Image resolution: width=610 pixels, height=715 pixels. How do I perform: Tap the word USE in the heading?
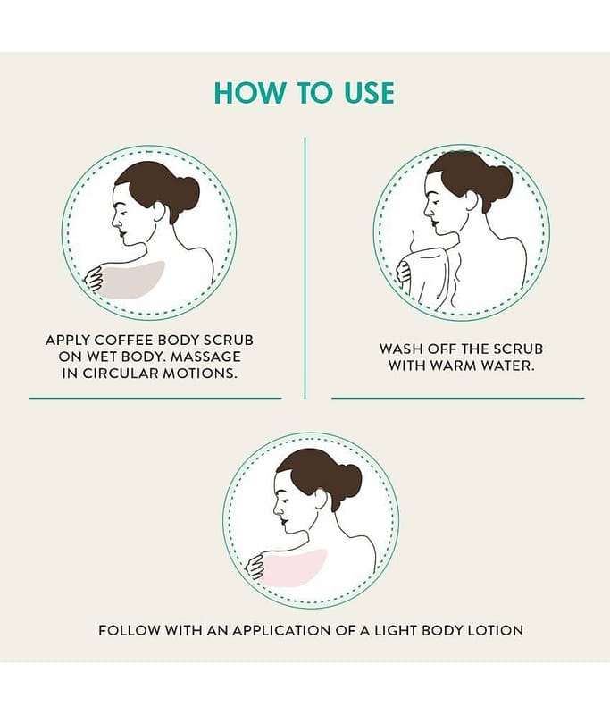pyautogui.click(x=365, y=93)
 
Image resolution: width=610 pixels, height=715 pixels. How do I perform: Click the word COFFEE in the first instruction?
pyautogui.click(x=123, y=341)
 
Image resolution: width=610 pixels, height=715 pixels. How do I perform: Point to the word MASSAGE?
pyautogui.click(x=205, y=357)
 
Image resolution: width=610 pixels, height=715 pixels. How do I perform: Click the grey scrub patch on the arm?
pyautogui.click(x=132, y=280)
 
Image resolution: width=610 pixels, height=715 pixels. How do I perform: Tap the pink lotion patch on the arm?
pyautogui.click(x=293, y=568)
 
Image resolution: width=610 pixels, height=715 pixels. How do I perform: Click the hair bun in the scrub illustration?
pyautogui.click(x=186, y=190)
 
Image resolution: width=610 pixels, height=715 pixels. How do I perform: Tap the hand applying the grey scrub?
pyautogui.click(x=95, y=279)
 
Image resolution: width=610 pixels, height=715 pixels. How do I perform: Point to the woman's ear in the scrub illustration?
pyautogui.click(x=159, y=211)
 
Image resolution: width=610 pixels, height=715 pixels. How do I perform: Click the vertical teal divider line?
pyautogui.click(x=305, y=267)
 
